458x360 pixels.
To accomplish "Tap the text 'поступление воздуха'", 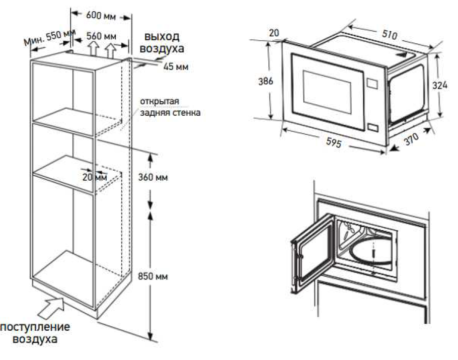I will tap(35, 333).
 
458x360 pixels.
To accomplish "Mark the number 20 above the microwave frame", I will tap(274, 33).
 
